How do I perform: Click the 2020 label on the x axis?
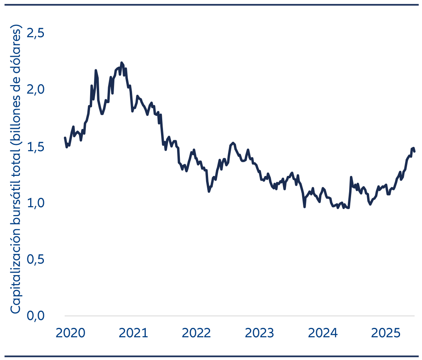pyautogui.click(x=70, y=333)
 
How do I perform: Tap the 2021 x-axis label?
pyautogui.click(x=133, y=333)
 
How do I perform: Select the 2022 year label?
pyautogui.click(x=196, y=333)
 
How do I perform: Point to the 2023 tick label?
pyautogui.click(x=259, y=333)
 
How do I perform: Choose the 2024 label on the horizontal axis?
pyautogui.click(x=323, y=333)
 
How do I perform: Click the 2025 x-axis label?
pyautogui.click(x=386, y=333)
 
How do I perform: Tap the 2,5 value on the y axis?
pyautogui.click(x=35, y=33)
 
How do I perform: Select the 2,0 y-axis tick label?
pyautogui.click(x=35, y=90)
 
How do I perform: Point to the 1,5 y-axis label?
pyautogui.click(x=36, y=147)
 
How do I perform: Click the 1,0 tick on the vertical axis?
pyautogui.click(x=36, y=203)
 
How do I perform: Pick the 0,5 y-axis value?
pyautogui.click(x=35, y=259)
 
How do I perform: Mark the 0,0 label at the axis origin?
pyautogui.click(x=35, y=316)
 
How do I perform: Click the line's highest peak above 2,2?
pyautogui.click(x=121, y=63)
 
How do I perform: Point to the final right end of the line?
pyautogui.click(x=415, y=152)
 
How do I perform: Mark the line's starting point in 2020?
pyautogui.click(x=65, y=137)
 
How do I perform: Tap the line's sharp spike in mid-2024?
pyautogui.click(x=351, y=177)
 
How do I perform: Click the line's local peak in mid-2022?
pyautogui.click(x=233, y=143)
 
